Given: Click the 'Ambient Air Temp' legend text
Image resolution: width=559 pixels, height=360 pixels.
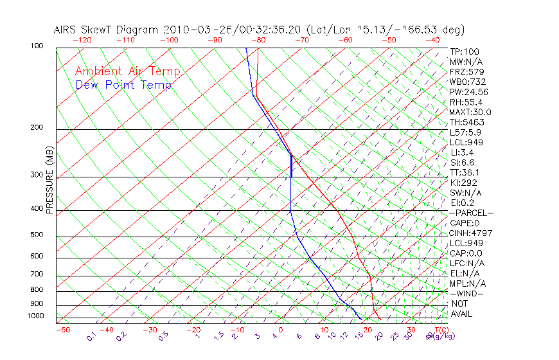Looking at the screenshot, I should (127, 71).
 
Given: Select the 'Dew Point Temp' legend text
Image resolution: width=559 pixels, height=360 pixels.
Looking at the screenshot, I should (123, 85).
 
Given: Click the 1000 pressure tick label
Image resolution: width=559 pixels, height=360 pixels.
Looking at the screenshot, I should (36, 316).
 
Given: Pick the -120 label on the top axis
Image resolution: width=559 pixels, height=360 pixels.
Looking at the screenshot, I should (82, 40).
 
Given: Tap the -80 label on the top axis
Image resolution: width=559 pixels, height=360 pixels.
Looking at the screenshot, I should (258, 40).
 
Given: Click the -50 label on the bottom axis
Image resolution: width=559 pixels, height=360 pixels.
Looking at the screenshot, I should (63, 330).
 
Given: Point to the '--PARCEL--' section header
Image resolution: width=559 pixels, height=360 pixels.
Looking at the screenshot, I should (471, 213).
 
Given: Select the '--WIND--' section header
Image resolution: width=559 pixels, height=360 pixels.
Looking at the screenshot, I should (467, 293).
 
